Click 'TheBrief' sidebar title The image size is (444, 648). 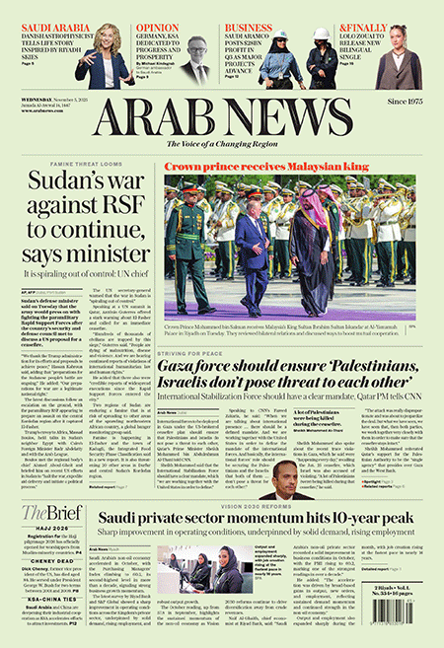48,511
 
